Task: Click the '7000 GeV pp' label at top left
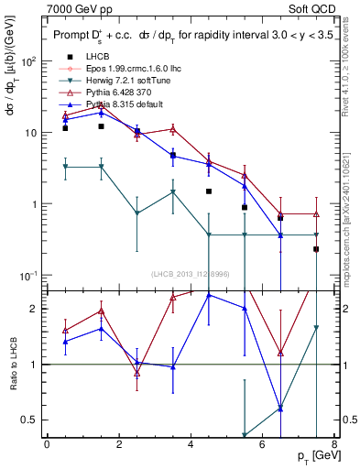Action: (75, 8)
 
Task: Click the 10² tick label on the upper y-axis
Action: (27, 61)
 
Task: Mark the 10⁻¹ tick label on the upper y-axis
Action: (27, 275)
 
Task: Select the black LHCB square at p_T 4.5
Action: (209, 191)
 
